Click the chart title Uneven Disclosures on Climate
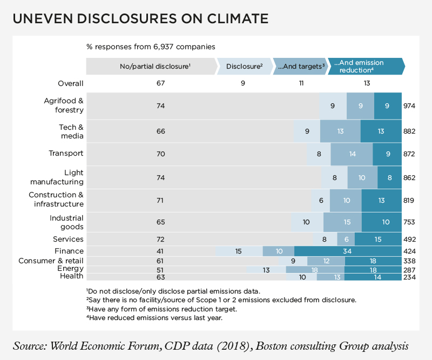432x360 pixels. coord(140,19)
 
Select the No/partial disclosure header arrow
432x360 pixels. coord(151,66)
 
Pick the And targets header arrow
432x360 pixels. coord(300,66)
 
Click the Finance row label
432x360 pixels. coord(69,251)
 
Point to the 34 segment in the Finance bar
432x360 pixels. coord(348,251)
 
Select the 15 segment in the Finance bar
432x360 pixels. coord(239,251)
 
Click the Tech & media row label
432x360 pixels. coord(70,130)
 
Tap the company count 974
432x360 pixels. coord(409,106)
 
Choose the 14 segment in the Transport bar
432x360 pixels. coord(352,154)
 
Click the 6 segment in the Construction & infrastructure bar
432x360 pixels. coord(320,201)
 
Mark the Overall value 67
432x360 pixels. coord(160,84)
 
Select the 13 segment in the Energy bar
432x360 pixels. coord(266,269)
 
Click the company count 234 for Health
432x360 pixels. coord(409,277)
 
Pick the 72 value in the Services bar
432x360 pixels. coord(160,239)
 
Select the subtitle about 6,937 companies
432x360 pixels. coord(151,46)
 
